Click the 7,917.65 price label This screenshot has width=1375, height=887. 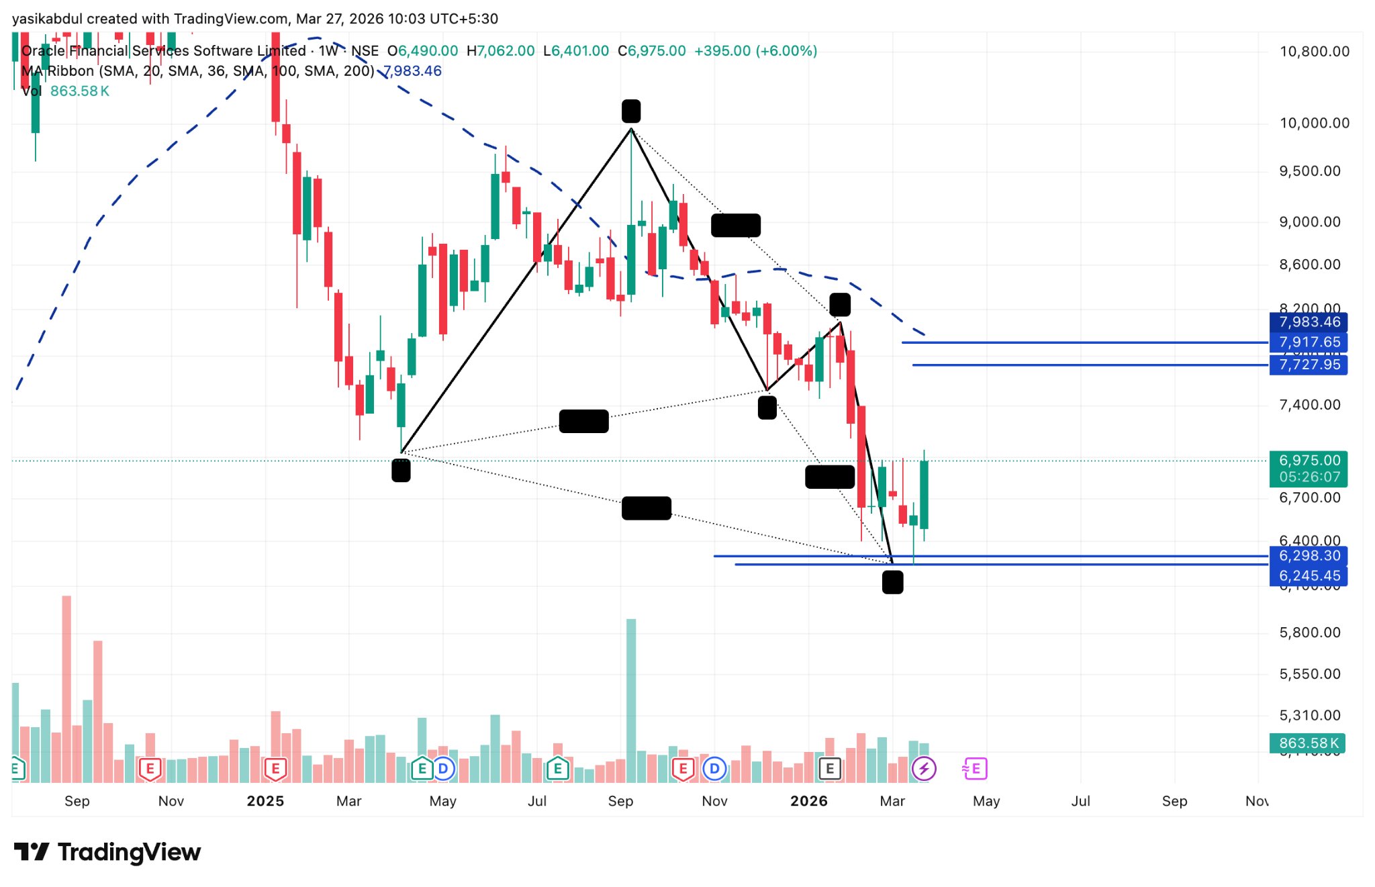tap(1309, 342)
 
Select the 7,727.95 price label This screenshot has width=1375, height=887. tap(1309, 365)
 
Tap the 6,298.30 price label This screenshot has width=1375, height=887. tap(1309, 556)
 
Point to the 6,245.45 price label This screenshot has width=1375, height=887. tap(1309, 575)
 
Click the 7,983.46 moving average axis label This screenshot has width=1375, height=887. tap(1309, 322)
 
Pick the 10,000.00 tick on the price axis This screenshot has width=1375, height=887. tap(1314, 123)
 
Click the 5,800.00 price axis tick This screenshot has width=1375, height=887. tap(1309, 633)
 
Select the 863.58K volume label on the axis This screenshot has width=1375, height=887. tap(1308, 743)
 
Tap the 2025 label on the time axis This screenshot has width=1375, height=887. tap(265, 801)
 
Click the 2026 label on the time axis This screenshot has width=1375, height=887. tap(808, 801)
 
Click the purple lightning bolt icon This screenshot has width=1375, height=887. tap(924, 769)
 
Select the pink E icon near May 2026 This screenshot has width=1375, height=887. tap(975, 769)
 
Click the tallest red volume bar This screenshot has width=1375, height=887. tap(66, 688)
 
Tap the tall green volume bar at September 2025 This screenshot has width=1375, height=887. tap(631, 698)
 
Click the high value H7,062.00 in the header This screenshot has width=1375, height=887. tap(501, 51)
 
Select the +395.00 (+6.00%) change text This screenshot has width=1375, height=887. tap(755, 51)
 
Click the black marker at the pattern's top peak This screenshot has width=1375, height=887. tap(631, 111)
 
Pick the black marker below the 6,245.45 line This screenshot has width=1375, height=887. tap(892, 582)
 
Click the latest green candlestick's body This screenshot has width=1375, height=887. tap(924, 495)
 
